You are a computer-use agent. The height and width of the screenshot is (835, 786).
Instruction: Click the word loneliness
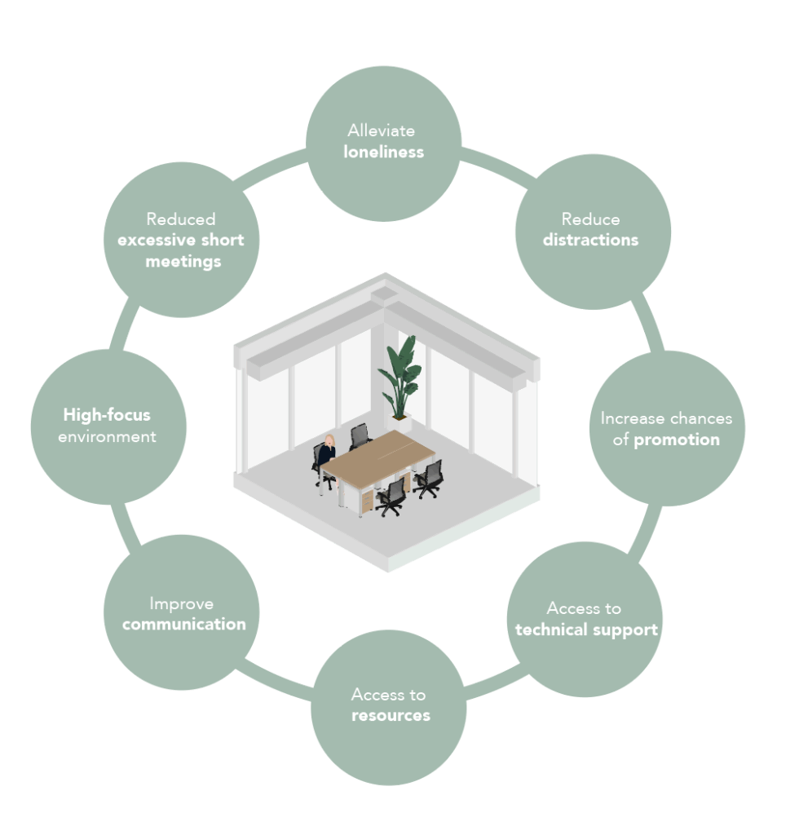383,152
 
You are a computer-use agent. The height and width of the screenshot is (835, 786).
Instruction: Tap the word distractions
590,240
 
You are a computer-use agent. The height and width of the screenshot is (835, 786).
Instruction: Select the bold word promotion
677,440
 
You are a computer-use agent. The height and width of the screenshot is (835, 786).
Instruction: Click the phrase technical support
586,630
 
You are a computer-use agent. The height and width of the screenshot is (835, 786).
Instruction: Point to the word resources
391,715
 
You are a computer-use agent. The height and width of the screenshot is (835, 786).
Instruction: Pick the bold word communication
183,625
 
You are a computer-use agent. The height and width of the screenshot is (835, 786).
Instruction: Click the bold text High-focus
107,415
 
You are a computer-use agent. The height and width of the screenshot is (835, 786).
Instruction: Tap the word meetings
183,261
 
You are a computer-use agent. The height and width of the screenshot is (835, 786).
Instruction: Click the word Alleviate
381,130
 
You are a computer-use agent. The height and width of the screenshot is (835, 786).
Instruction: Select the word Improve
181,603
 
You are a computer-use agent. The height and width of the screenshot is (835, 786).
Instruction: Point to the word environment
107,436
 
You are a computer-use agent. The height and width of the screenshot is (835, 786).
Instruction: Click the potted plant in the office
400,375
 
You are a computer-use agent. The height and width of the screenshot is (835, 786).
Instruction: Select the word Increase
632,418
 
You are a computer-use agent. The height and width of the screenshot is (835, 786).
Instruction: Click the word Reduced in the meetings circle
181,219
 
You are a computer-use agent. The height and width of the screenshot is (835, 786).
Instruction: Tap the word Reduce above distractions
590,219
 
